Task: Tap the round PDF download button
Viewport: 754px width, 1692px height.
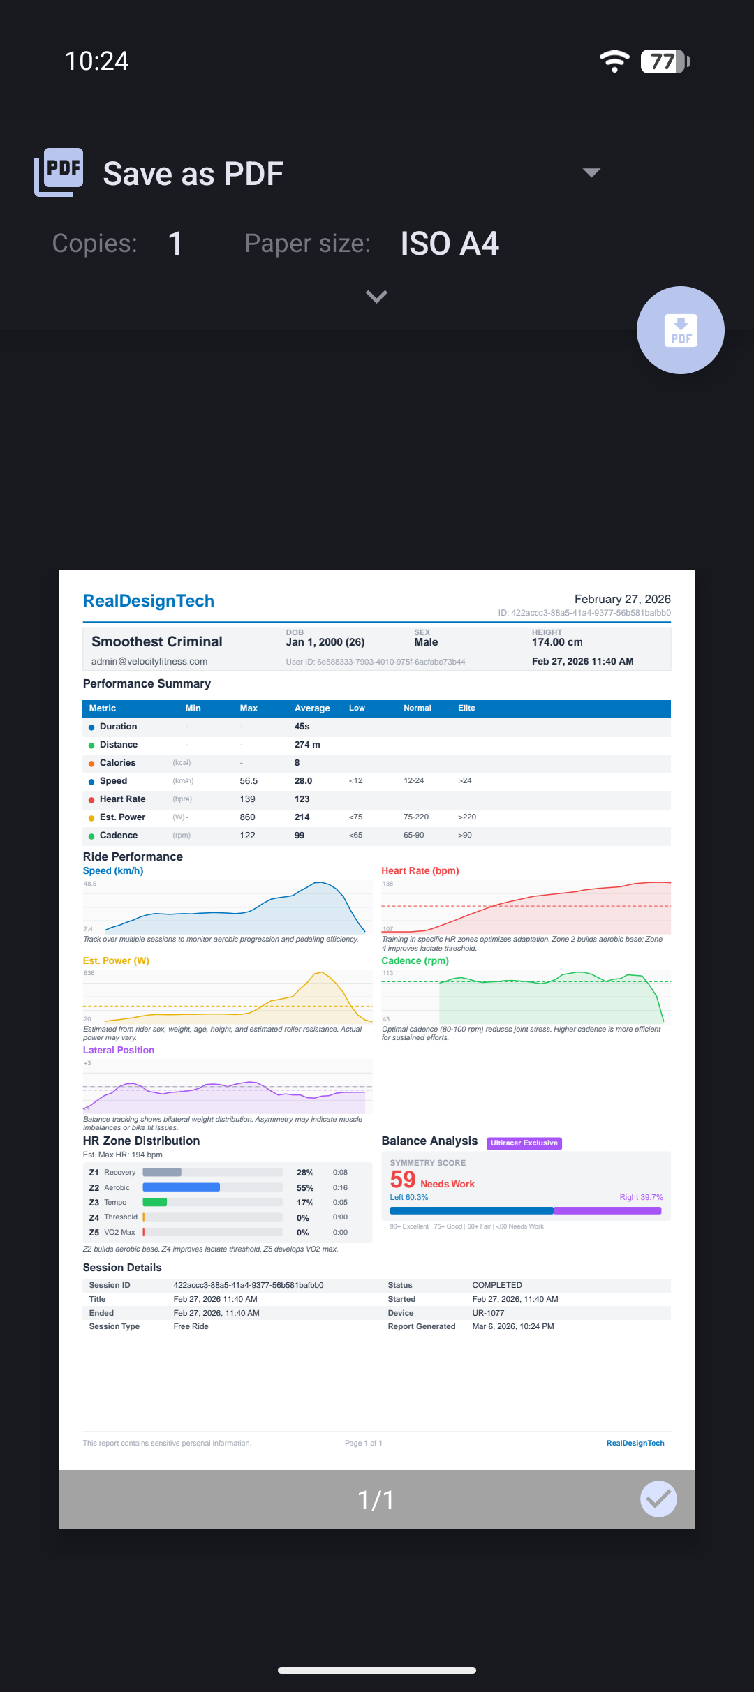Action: click(x=680, y=330)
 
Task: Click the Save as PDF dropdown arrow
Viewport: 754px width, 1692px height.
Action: click(x=591, y=172)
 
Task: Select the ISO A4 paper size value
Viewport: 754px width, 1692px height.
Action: click(x=450, y=244)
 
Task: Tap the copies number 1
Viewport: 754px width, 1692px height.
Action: click(x=175, y=244)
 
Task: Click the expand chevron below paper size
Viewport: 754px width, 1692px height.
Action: click(x=376, y=297)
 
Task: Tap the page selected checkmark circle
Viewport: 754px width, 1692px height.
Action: click(x=658, y=1499)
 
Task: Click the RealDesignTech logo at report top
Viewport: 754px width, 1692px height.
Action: click(x=149, y=601)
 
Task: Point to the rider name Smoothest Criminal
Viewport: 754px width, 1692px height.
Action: click(x=157, y=641)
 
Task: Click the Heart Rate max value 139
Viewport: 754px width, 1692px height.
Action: click(x=248, y=799)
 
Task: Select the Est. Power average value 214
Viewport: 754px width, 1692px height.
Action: click(x=302, y=817)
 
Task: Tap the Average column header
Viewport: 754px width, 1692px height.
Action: click(x=312, y=708)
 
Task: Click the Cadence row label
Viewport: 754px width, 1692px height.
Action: click(x=119, y=836)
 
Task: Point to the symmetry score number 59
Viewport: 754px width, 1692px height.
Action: click(x=403, y=1180)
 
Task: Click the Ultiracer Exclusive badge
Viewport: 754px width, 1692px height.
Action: click(x=524, y=1143)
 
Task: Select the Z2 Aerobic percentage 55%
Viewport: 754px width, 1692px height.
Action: click(x=305, y=1188)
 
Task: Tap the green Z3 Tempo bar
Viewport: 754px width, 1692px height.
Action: click(x=155, y=1202)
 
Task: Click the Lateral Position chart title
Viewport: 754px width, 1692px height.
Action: click(x=119, y=1051)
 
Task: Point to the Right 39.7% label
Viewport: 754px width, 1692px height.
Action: click(x=641, y=1197)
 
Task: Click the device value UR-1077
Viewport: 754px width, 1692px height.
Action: click(x=488, y=1313)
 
